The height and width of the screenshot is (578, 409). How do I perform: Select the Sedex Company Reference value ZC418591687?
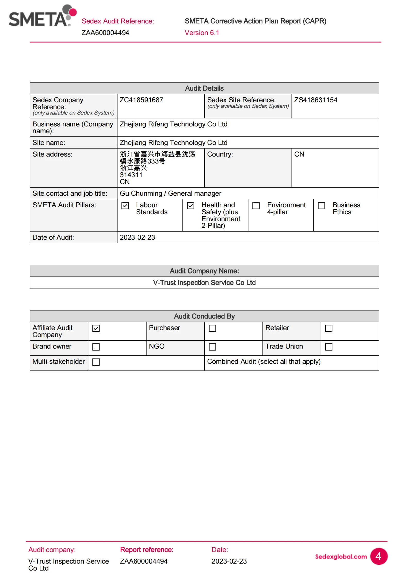[141, 100]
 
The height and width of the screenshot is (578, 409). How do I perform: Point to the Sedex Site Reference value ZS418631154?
[316, 100]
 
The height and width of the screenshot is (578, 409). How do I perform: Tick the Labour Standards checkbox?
[125, 205]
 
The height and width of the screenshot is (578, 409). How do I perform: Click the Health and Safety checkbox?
[190, 205]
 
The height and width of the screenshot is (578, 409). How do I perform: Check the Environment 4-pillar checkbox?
[256, 205]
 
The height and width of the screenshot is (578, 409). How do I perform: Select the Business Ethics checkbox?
[321, 205]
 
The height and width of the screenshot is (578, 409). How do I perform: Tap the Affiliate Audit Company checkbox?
[96, 328]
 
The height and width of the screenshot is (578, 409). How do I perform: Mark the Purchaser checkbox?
[212, 328]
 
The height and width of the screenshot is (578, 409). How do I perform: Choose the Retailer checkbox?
[329, 328]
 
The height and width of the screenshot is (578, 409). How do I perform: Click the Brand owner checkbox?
[96, 347]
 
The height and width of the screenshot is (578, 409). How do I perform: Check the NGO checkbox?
[212, 347]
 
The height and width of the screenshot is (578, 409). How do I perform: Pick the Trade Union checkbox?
[329, 347]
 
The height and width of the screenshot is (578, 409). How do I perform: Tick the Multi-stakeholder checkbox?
[96, 362]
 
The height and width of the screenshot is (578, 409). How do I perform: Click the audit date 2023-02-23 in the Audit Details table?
[137, 237]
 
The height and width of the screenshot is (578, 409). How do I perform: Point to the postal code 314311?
[131, 175]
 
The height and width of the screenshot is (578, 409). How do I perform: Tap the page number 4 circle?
[379, 556]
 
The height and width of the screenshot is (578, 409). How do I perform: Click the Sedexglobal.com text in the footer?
[341, 557]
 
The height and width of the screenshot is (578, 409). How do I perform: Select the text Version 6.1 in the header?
[202, 33]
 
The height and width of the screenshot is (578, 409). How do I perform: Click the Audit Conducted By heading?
[204, 316]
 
